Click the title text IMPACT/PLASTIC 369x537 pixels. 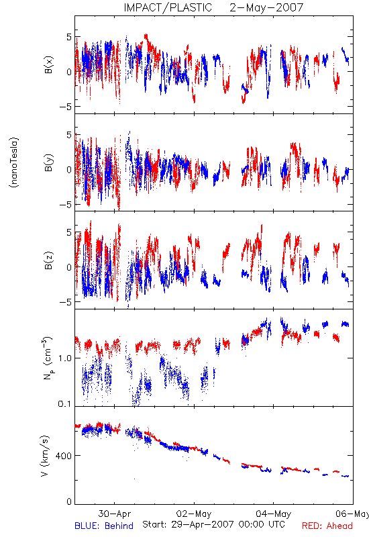pyautogui.click(x=168, y=7)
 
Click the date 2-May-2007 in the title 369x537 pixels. pyautogui.click(x=266, y=7)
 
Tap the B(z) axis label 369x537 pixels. pyautogui.click(x=49, y=260)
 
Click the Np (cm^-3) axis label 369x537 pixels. pyautogui.click(x=47, y=358)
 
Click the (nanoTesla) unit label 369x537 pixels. pyautogui.click(x=14, y=162)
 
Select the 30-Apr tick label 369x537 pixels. pyautogui.click(x=114, y=514)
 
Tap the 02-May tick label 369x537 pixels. pyautogui.click(x=194, y=514)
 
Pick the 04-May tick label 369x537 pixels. pyautogui.click(x=274, y=514)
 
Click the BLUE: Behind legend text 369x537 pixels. pyautogui.click(x=104, y=526)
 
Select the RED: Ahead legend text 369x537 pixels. pyautogui.click(x=327, y=526)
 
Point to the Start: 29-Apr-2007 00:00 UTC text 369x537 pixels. pyautogui.click(x=213, y=524)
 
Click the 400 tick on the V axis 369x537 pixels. pyautogui.click(x=64, y=456)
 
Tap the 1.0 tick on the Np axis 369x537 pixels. pyautogui.click(x=65, y=358)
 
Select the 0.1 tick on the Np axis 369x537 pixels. pyautogui.click(x=65, y=404)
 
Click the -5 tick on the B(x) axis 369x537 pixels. pyautogui.click(x=65, y=107)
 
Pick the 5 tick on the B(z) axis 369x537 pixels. pyautogui.click(x=70, y=232)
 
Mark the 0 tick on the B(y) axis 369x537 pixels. pyautogui.click(x=70, y=170)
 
